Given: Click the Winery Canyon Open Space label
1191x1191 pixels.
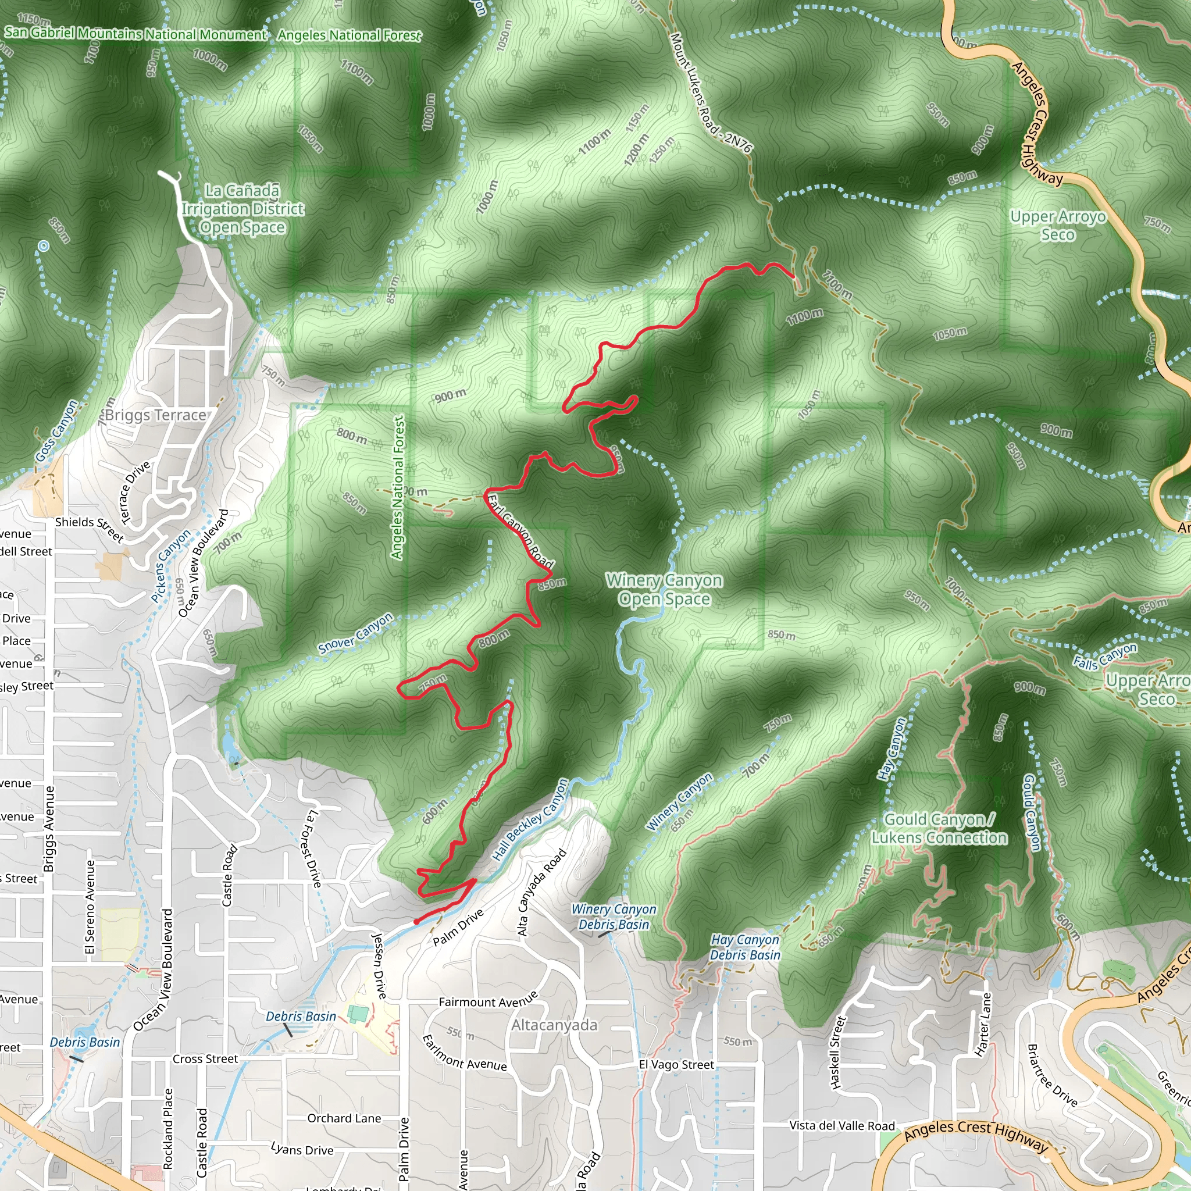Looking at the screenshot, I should pyautogui.click(x=664, y=589).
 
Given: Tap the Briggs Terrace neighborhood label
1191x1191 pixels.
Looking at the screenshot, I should pyautogui.click(x=155, y=415).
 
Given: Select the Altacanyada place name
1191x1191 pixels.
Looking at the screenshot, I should pyautogui.click(x=554, y=1025).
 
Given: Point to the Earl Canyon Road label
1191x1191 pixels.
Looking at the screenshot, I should pyautogui.click(x=520, y=531).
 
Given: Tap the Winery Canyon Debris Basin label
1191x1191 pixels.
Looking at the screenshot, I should pyautogui.click(x=614, y=917).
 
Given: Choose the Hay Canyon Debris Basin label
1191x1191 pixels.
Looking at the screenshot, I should pyautogui.click(x=745, y=947).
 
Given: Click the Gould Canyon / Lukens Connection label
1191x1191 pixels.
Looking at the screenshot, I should pyautogui.click(x=939, y=829).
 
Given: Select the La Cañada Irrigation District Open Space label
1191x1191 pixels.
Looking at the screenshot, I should pyautogui.click(x=243, y=209).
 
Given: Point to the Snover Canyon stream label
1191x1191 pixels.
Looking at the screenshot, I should pyautogui.click(x=355, y=633).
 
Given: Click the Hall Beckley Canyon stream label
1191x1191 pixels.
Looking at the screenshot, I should pyautogui.click(x=530, y=820).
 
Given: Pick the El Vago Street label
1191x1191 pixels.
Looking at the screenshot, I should pyautogui.click(x=676, y=1065).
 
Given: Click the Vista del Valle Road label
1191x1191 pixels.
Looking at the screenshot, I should pyautogui.click(x=841, y=1126).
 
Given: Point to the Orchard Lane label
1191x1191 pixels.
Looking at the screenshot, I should pyautogui.click(x=344, y=1118).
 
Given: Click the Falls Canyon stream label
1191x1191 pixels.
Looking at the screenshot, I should pyautogui.click(x=1105, y=657).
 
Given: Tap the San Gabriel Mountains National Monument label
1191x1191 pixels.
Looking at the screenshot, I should pyautogui.click(x=135, y=33).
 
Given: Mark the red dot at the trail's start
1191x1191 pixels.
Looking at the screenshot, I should pyautogui.click(x=418, y=922).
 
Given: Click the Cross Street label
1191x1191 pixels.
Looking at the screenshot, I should pyautogui.click(x=205, y=1059).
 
